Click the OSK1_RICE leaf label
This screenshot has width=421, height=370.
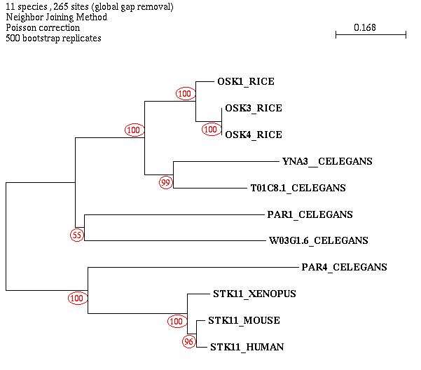click(x=245, y=82)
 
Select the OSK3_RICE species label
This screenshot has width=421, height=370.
click(x=254, y=109)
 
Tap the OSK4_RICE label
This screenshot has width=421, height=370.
click(x=254, y=135)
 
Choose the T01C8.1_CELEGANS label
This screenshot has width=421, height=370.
click(x=298, y=189)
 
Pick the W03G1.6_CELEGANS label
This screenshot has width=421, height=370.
click(x=319, y=241)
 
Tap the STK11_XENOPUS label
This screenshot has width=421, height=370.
click(x=254, y=294)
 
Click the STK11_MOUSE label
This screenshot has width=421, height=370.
click(x=244, y=321)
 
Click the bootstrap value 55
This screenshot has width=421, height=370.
click(x=76, y=236)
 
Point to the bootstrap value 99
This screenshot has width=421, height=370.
click(x=165, y=183)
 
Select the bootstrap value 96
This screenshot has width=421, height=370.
click(x=188, y=342)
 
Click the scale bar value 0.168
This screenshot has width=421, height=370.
click(x=364, y=28)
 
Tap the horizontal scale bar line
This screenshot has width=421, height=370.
click(x=371, y=34)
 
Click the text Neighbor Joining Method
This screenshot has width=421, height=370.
click(x=56, y=17)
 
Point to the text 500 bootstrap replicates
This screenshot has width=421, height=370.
click(x=53, y=39)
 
